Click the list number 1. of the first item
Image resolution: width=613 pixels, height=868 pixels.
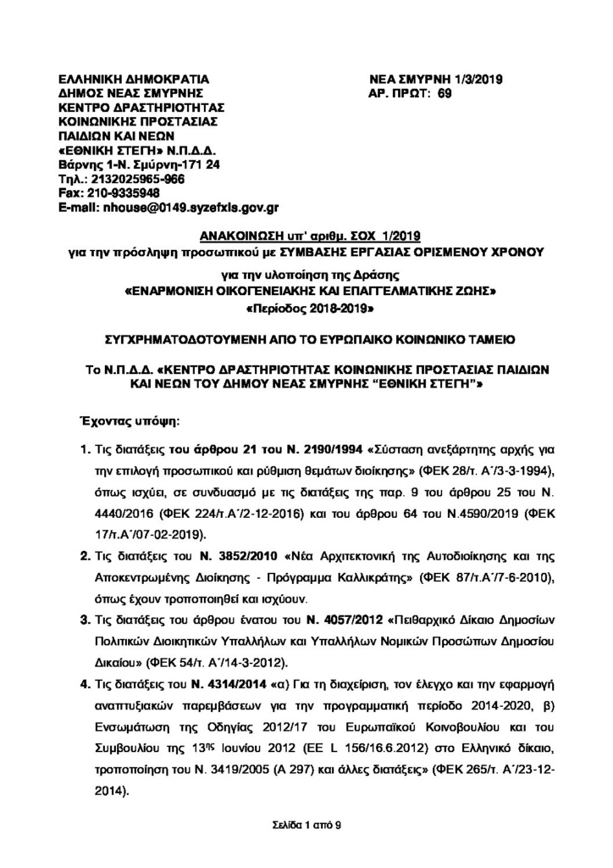click(85, 445)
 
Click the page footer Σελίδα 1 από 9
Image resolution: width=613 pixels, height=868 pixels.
click(306, 824)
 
